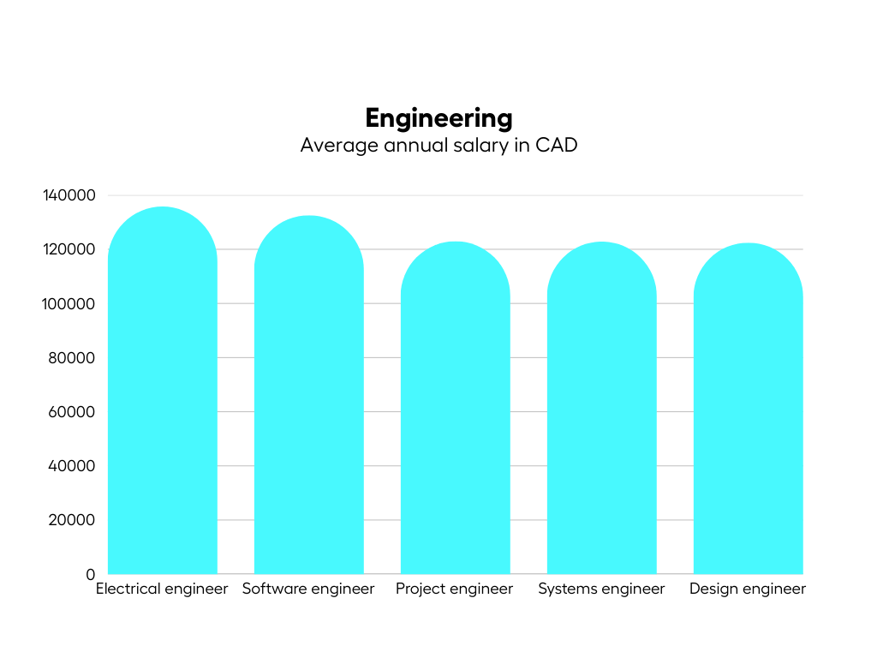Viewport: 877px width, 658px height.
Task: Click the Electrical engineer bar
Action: pyautogui.click(x=162, y=394)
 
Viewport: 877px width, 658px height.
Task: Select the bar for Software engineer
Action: pyautogui.click(x=308, y=398)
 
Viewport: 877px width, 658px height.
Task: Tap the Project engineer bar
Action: pyautogui.click(x=455, y=411)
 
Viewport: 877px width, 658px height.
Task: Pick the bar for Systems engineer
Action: pyautogui.click(x=601, y=411)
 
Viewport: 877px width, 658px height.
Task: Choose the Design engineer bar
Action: pyautogui.click(x=748, y=411)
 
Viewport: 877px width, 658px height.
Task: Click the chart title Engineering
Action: pyautogui.click(x=438, y=117)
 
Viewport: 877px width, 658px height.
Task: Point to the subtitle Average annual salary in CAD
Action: pyautogui.click(x=438, y=145)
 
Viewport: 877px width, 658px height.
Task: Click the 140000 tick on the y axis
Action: pyautogui.click(x=69, y=195)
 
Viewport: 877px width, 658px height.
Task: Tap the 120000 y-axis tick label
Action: pyautogui.click(x=69, y=249)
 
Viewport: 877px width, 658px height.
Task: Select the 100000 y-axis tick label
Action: pyautogui.click(x=69, y=303)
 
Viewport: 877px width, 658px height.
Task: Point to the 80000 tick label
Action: pyautogui.click(x=73, y=357)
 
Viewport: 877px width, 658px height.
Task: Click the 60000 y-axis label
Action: pyautogui.click(x=73, y=411)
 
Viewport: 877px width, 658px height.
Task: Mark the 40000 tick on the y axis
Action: pyautogui.click(x=73, y=466)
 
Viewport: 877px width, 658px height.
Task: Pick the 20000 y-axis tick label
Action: pyautogui.click(x=73, y=520)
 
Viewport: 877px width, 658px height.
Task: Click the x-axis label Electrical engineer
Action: pyautogui.click(x=162, y=589)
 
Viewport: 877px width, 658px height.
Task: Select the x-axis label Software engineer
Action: pyautogui.click(x=308, y=589)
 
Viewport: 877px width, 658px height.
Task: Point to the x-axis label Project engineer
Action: pyautogui.click(x=454, y=589)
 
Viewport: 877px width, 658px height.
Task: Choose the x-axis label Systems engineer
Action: pyautogui.click(x=601, y=589)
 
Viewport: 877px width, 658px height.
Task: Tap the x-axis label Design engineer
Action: pyautogui.click(x=748, y=589)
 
